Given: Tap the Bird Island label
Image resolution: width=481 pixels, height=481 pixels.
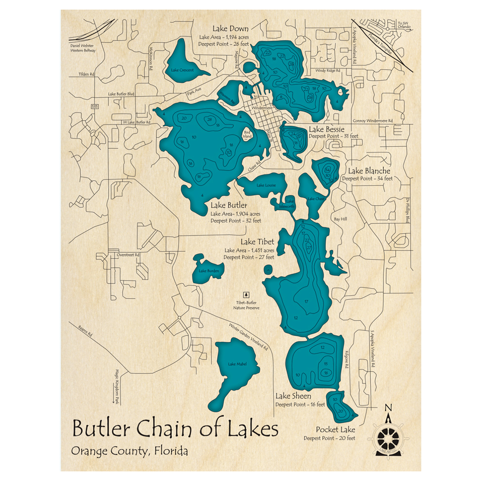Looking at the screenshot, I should tap(247, 135).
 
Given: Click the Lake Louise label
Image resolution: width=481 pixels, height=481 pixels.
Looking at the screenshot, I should tap(266, 185).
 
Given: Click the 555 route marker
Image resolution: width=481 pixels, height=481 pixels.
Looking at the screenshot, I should tap(96, 106).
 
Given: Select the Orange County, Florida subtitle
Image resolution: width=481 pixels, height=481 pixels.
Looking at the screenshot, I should tap(129, 451).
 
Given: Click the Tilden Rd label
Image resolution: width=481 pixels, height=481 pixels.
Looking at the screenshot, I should tap(87, 75).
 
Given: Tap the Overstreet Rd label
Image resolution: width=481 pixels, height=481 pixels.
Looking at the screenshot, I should tap(127, 254).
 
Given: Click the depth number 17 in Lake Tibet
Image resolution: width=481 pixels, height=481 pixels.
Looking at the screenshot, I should tap(306, 302).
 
